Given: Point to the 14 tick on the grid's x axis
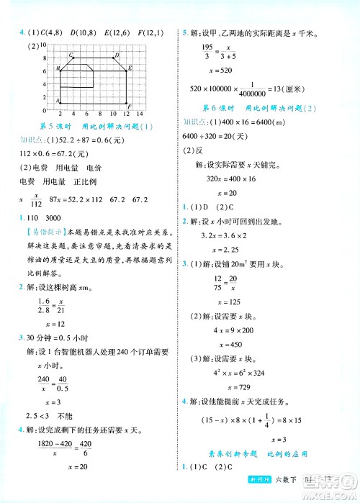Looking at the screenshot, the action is (x=142, y=114).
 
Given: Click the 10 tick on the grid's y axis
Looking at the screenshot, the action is (x=44, y=45).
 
